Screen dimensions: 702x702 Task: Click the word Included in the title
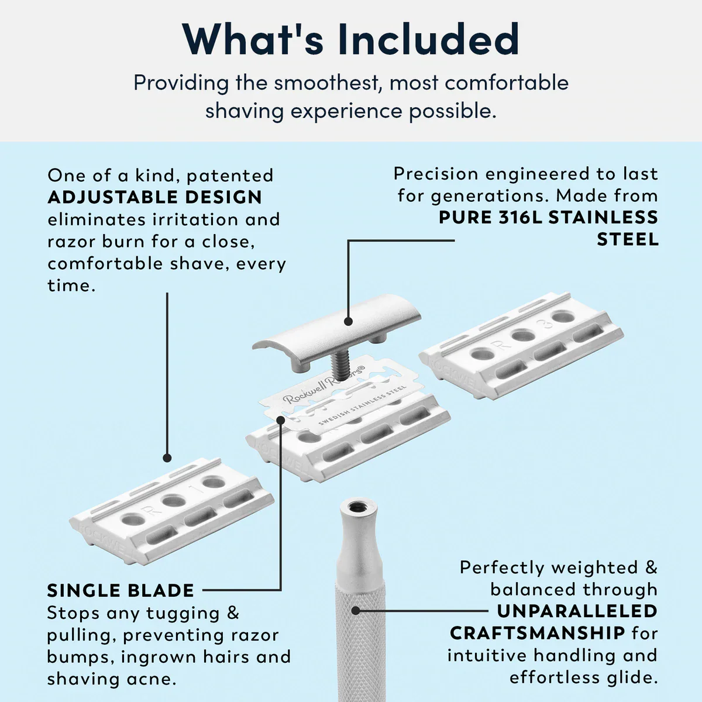(428, 40)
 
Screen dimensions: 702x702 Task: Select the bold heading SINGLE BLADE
(121, 590)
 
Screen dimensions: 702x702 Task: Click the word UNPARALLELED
(577, 611)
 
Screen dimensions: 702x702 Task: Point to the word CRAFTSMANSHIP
(537, 633)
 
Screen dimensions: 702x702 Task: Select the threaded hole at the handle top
(354, 507)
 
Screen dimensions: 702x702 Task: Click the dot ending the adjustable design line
(167, 457)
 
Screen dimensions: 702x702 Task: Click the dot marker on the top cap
(348, 321)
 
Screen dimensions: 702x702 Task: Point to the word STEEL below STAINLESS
(627, 239)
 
